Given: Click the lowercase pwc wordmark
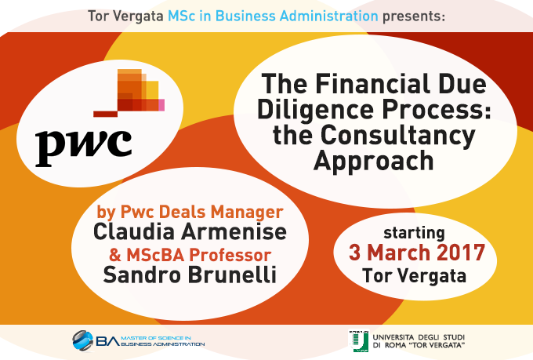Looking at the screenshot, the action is coord(84,147).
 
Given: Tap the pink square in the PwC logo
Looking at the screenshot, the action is coord(161,105).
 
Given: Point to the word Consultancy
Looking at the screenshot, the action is coord(397,136).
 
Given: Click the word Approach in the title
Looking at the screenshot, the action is coord(374,162).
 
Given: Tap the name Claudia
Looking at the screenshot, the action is coord(134,231).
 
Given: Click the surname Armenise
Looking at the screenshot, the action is coord(234,231).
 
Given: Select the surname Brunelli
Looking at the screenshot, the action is coord(232,275).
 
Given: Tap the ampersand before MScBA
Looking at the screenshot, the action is coord(115,255).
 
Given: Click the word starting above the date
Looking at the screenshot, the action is coord(414,234).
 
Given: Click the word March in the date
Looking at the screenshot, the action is coord(399,253).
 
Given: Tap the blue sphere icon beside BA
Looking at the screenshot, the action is coord(82,340).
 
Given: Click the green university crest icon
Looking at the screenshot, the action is coord(359,341).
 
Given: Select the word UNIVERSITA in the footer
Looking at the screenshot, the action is coord(393,337).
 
